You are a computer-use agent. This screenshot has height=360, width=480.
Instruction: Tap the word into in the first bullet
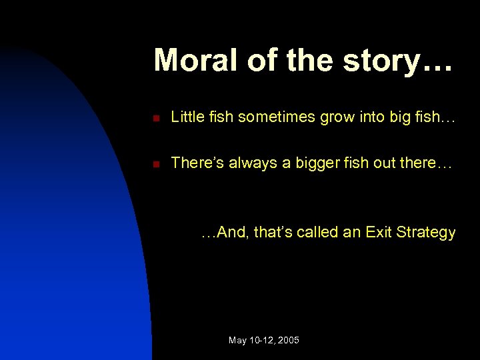pos(369,117)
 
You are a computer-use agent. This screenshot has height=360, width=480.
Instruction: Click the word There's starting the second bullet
pos(198,162)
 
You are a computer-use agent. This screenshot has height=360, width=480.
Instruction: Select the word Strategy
pos(426,233)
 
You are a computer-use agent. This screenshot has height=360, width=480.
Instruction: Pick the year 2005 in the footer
pos(289,341)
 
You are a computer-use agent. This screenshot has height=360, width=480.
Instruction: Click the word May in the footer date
pos(237,341)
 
